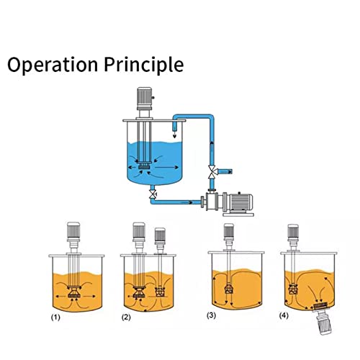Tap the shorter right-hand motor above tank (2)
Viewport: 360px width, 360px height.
click(161, 237)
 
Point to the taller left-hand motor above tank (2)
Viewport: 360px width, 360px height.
click(139, 232)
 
